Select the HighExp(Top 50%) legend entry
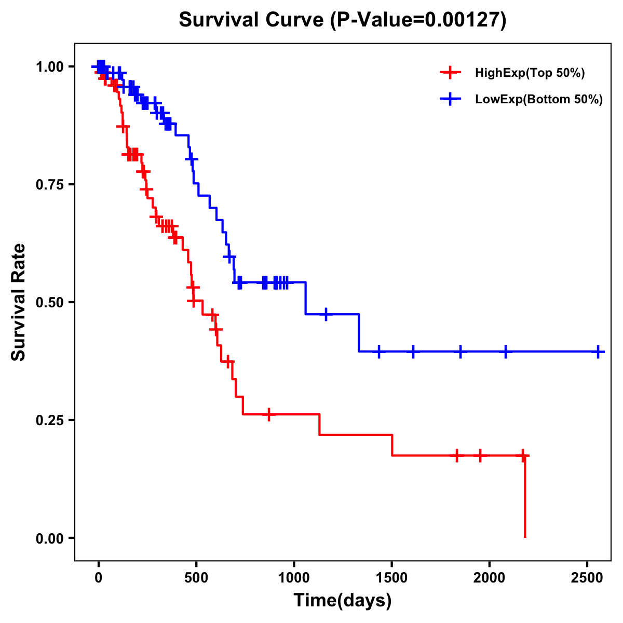tap(530, 73)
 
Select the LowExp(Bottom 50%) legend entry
tap(538, 100)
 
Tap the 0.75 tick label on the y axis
tap(51, 185)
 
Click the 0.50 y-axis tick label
tap(51, 303)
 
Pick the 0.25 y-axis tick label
tap(51, 421)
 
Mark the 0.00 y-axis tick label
tap(51, 538)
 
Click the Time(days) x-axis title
tap(343, 601)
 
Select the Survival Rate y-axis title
tap(19, 302)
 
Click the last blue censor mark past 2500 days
tap(598, 351)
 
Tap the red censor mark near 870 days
tap(268, 414)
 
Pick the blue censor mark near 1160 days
tap(326, 314)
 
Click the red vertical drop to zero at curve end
tap(525, 498)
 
